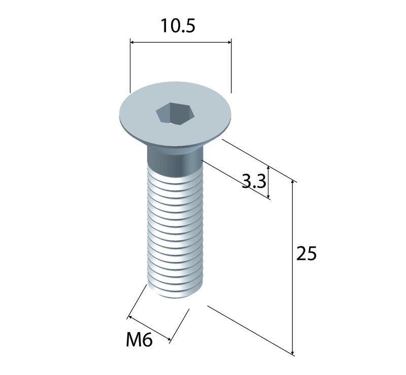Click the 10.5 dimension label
click(178, 26)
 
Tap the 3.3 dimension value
click(254, 182)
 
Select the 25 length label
click(307, 253)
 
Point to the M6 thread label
click(139, 339)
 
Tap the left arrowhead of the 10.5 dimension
click(132, 42)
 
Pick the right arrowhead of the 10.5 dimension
click(229, 42)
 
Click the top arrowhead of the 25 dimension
click(293, 182)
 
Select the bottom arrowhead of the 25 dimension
click(293, 352)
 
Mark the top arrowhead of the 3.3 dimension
click(269, 169)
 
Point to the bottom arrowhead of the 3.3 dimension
click(269, 196)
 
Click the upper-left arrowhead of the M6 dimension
click(131, 317)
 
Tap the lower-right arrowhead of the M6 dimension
click(168, 339)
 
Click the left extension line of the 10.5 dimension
click(130, 66)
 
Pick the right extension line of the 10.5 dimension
click(231, 66)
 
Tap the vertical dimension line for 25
click(293, 267)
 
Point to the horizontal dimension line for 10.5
click(181, 42)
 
